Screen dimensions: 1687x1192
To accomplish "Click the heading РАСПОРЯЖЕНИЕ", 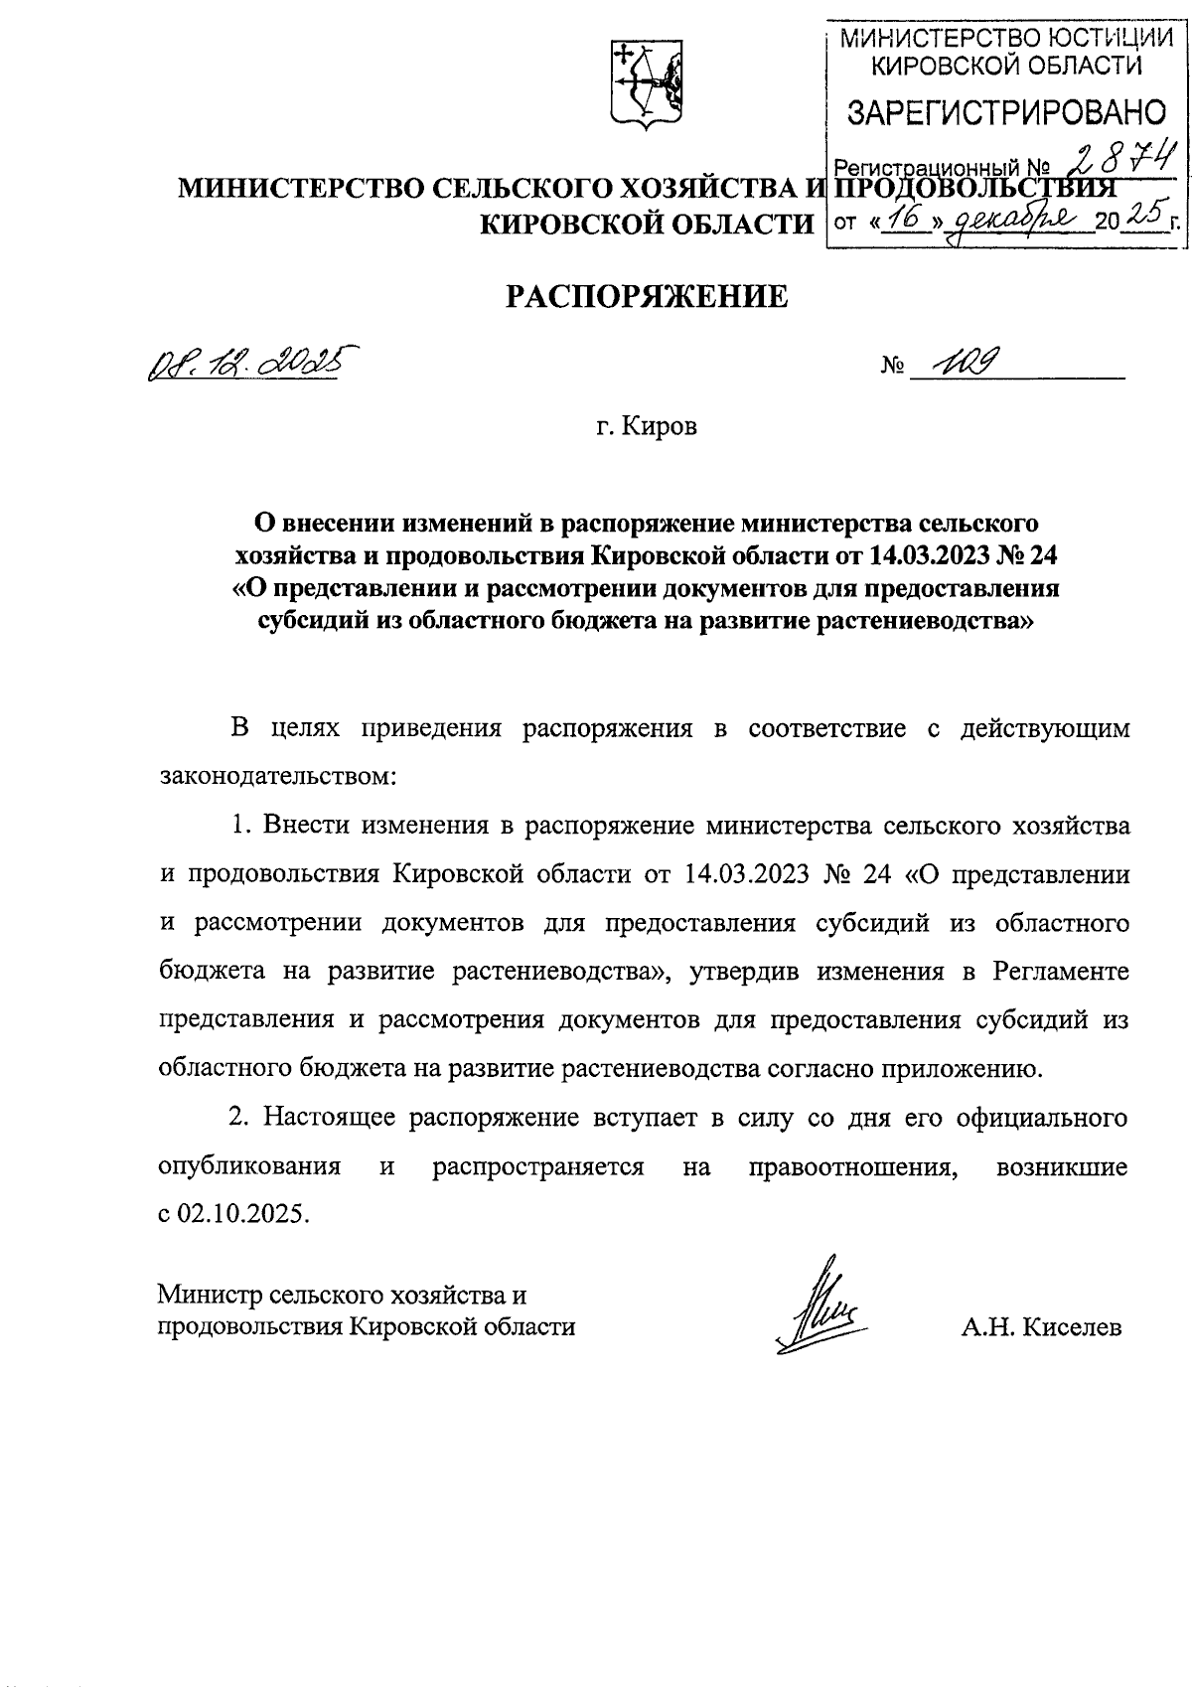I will pyautogui.click(x=647, y=296).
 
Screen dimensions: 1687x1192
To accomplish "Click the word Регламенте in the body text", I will pyautogui.click(x=1062, y=971).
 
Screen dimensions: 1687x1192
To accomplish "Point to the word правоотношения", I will pyautogui.click(x=854, y=1166).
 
